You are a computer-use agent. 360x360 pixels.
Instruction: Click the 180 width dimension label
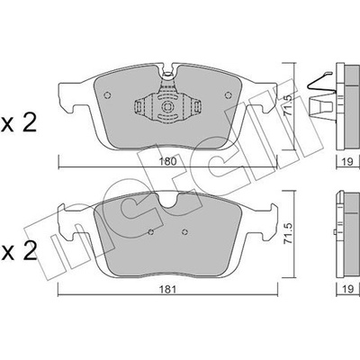[168, 161]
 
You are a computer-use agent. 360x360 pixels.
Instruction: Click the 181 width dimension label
[167, 290]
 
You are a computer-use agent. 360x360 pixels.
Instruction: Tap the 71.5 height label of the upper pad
[288, 106]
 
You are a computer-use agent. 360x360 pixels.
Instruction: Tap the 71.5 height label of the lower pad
[288, 233]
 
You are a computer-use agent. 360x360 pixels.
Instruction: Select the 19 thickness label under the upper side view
[348, 162]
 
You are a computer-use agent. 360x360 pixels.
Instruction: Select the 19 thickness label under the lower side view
[348, 289]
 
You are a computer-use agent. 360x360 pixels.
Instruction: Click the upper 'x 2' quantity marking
[19, 123]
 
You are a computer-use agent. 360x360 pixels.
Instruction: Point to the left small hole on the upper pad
[107, 95]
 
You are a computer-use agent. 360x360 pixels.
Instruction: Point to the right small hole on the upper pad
[229, 95]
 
